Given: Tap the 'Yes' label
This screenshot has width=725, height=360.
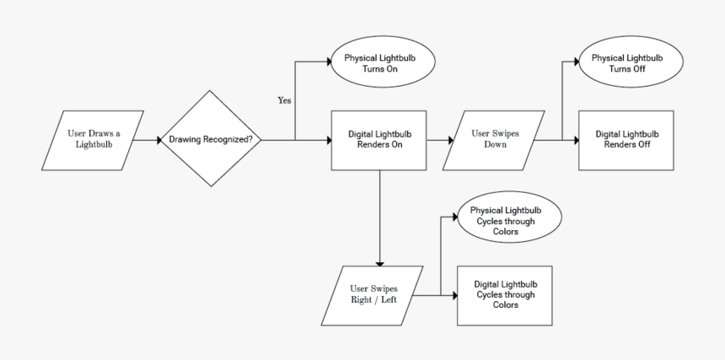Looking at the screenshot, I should pos(285,100).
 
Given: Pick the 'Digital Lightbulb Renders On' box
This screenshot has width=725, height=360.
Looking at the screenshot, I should pos(379,139).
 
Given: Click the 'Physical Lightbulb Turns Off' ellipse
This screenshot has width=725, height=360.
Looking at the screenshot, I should pos(627,64).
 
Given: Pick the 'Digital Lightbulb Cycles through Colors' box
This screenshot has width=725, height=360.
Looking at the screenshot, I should pos(505,294).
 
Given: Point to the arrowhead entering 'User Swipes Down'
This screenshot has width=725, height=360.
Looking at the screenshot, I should pos(452,139).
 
